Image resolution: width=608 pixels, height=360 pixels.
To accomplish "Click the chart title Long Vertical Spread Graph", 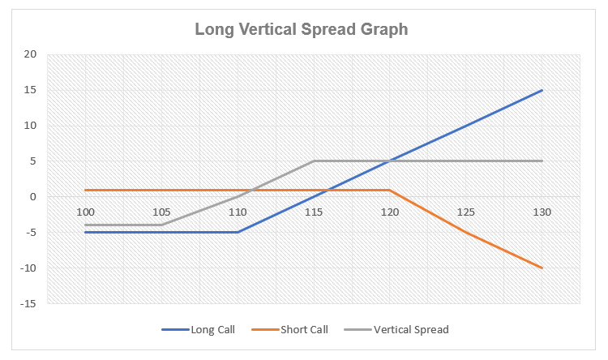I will coord(301,29).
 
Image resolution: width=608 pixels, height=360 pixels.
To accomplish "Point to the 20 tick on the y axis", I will coord(31,54).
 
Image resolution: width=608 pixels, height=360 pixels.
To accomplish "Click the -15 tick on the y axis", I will coord(29,303).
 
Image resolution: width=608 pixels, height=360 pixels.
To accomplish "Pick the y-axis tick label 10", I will coord(31,126).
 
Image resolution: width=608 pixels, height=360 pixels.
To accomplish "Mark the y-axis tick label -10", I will coord(29,268).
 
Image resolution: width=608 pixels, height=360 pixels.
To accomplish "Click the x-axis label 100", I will coord(85,212).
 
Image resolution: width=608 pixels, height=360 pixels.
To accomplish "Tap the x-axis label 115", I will coord(314,212).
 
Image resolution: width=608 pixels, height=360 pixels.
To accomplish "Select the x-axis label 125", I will coord(466,212).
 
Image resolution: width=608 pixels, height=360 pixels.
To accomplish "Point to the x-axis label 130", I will coord(542,212).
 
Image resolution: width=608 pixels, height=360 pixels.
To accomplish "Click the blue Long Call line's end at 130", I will coord(542,90).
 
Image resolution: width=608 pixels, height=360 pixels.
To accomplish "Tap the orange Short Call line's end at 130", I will coord(542,268).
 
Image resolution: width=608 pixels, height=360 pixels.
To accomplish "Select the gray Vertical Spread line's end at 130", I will coord(542,161).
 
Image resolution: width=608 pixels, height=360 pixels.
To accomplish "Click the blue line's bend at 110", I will coord(238,232).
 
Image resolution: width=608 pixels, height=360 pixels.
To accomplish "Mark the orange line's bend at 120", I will coord(390,190).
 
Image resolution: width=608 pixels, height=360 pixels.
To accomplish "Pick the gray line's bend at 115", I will coord(314,161).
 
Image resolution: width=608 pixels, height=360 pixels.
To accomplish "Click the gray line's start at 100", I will coord(85,225).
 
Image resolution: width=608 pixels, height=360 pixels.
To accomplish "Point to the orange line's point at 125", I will coord(466,232).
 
